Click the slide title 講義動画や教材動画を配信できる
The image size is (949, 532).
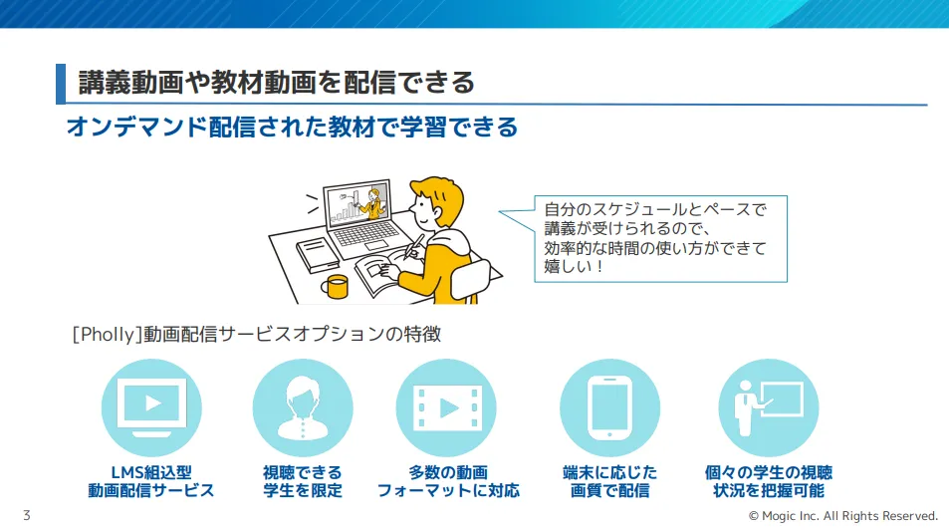276,83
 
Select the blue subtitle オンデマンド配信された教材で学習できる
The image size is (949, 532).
291,128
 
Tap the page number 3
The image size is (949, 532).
26,515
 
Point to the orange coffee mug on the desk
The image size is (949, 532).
335,286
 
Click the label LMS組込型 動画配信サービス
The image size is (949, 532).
151,481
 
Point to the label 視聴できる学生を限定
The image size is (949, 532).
302,481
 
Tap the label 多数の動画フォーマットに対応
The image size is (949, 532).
448,481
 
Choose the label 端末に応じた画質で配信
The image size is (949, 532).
609,481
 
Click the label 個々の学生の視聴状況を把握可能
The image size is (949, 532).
768,481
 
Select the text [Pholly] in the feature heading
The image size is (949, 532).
105,335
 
